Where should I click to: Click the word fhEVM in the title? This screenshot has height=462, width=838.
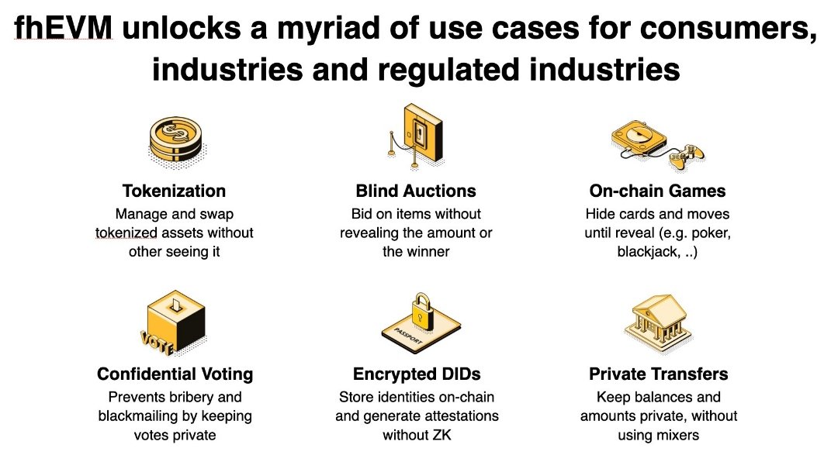[64, 29]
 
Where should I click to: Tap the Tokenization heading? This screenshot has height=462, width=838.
[174, 191]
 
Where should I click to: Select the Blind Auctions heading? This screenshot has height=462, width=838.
[416, 191]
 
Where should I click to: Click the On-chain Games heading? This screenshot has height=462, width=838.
[656, 191]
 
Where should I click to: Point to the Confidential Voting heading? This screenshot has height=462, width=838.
[175, 374]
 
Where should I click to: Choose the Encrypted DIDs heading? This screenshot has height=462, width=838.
[416, 374]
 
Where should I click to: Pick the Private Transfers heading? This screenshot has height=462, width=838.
[658, 374]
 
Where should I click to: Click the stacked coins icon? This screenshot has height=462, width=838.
[175, 140]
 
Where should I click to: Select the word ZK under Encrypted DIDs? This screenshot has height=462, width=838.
[440, 435]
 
